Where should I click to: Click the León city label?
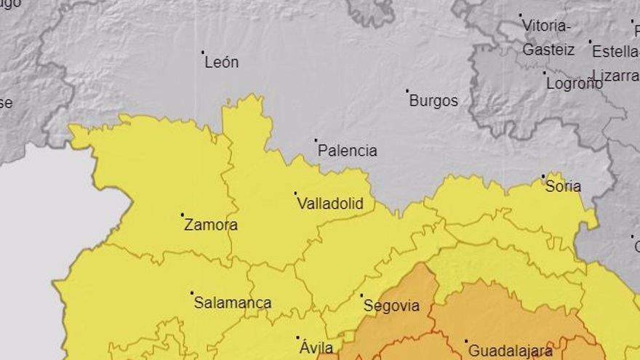pos(222,63)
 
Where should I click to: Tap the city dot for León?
pos(203,52)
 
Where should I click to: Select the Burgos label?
pos(433,101)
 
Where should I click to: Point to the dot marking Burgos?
pos(407,91)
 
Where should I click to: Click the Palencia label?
pos(348,151)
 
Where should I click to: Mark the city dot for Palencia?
pos(316,140)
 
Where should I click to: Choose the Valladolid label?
pos(330,204)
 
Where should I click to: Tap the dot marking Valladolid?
pos(295,193)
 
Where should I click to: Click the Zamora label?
pos(210,225)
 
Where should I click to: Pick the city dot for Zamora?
pos(182,215)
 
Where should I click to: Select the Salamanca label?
pos(233,303)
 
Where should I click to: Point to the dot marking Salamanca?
pos(192,293)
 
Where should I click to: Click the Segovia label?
pos(392,306)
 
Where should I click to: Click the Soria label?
pos(563,186)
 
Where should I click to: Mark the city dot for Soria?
pos(543,176)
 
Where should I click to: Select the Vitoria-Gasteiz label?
pos(548,38)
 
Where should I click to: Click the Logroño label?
pos(574,83)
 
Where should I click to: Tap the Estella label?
pos(615,52)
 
